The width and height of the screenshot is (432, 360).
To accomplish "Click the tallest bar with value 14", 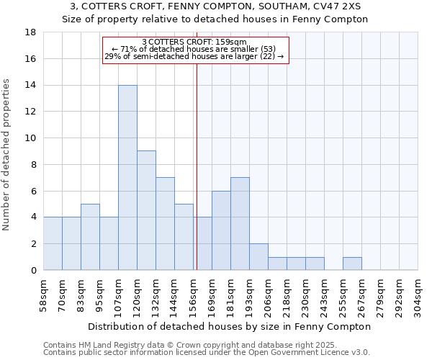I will click(x=127, y=177).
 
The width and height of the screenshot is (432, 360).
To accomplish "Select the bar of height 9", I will click(x=146, y=210).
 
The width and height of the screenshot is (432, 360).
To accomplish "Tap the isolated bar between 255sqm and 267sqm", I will click(x=352, y=264).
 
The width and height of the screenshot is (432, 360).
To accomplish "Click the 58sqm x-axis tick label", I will click(x=44, y=293).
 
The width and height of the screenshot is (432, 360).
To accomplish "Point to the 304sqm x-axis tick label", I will click(x=418, y=293).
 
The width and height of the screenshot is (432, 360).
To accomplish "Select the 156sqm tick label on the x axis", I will click(x=194, y=293).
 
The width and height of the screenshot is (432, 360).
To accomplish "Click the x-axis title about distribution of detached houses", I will click(x=230, y=326).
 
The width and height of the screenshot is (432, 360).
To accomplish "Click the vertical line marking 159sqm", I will click(x=197, y=166).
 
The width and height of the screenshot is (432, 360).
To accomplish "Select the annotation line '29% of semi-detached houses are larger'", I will click(x=194, y=56).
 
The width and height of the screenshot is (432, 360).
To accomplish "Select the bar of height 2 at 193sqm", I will click(x=258, y=256).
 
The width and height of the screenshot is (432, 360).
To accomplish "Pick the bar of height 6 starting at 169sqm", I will click(x=221, y=230).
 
